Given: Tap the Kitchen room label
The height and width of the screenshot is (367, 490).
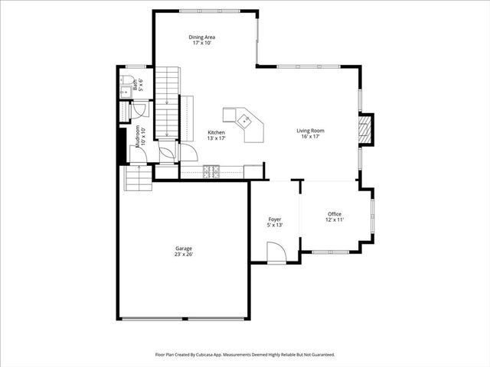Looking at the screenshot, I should click(217, 132).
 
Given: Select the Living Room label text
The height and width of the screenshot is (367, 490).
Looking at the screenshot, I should click(311, 131).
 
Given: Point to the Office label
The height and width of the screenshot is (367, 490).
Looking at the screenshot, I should click(335, 213).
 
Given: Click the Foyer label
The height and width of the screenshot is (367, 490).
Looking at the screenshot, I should click(274, 219).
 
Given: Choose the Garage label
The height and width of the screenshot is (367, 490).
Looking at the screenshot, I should click(183, 248).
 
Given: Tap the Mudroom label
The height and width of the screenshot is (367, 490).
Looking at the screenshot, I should click(138, 136).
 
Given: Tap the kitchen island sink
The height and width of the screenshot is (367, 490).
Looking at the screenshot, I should click(245, 119).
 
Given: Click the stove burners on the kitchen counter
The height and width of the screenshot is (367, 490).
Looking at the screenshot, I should click(211, 172).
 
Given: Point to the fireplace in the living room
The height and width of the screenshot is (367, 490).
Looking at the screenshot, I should click(367, 129).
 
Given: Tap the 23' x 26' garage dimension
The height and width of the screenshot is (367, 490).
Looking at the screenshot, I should click(183, 255).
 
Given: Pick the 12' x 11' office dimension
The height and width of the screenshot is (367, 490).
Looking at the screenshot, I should click(335, 219).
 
